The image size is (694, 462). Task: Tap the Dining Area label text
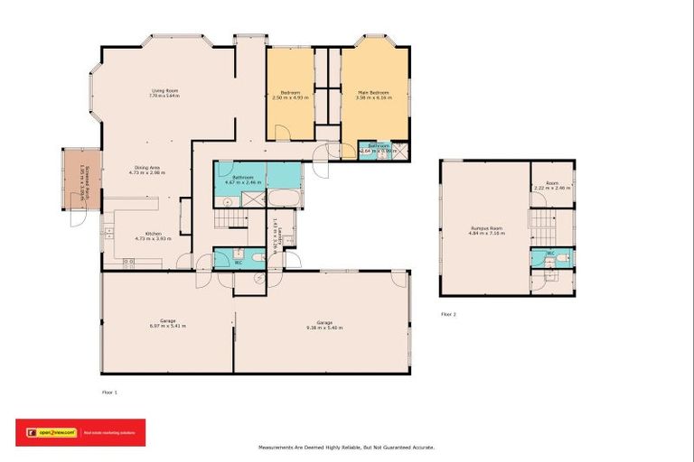click(147, 171)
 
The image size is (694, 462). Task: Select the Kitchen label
click(146, 236)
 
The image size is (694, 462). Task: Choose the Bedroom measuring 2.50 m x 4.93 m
click(290, 96)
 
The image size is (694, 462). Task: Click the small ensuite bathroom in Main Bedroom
click(378, 149)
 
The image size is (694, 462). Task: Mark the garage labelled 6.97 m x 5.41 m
click(167, 324)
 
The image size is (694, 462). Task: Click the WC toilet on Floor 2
click(561, 259)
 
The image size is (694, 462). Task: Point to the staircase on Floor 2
click(541, 221)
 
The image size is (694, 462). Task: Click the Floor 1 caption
click(109, 393)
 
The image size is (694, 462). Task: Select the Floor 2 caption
click(448, 314)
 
